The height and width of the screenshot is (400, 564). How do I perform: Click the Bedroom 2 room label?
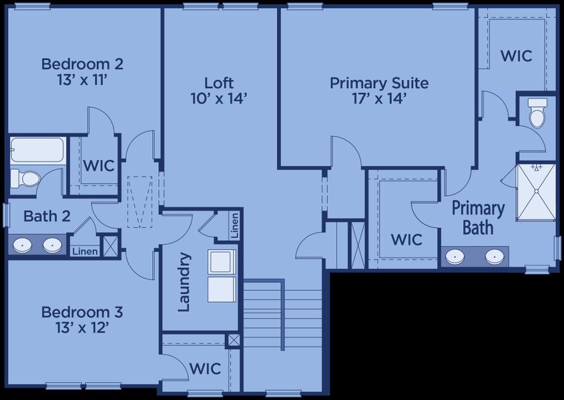click(x=82, y=64)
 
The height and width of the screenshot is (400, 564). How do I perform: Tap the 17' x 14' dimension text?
click(x=378, y=99)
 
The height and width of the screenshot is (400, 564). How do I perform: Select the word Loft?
click(x=219, y=83)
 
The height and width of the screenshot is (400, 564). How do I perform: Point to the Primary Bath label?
click(x=478, y=217)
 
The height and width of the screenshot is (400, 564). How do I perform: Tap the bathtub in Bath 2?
click(x=37, y=151)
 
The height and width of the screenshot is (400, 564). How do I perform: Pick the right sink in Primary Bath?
click(x=495, y=257)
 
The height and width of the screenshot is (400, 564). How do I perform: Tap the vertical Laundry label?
click(x=185, y=281)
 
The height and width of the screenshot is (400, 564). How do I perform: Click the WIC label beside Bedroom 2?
click(x=98, y=165)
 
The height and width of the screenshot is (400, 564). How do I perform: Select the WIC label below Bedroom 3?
click(x=206, y=368)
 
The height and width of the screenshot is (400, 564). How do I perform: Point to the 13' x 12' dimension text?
click(x=82, y=327)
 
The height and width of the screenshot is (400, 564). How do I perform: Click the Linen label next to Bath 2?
click(x=85, y=251)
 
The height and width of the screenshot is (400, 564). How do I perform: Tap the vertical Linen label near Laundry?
click(x=234, y=225)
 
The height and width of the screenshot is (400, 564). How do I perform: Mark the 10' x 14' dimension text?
click(x=219, y=99)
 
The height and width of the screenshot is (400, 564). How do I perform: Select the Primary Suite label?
click(x=378, y=83)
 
